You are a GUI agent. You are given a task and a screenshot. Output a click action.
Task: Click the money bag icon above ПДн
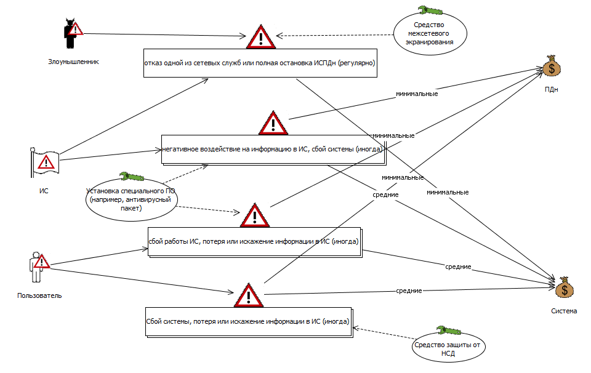552,66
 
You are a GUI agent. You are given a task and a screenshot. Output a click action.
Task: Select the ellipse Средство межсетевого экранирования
430,34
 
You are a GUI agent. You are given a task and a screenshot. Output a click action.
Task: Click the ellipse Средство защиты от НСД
448,348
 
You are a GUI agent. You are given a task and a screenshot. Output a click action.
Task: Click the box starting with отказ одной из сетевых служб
259,63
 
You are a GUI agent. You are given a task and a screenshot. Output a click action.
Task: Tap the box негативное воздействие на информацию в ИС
273,149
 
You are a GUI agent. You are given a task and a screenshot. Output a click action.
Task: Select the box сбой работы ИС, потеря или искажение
253,242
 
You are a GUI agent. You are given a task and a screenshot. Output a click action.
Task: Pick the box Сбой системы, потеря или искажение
247,321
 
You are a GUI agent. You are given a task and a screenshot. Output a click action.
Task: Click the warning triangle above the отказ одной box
261,38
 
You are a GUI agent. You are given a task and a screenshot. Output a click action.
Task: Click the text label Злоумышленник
73,62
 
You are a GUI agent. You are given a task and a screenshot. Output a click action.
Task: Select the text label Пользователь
39,295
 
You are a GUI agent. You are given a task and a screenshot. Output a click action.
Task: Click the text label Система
563,311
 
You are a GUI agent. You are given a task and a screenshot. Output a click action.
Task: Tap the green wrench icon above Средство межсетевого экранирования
430,10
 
